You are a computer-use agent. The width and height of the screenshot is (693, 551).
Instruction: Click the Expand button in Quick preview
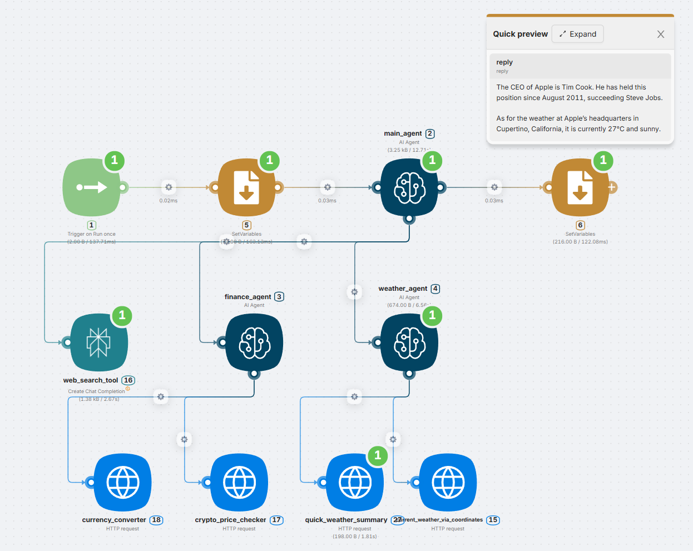point(577,34)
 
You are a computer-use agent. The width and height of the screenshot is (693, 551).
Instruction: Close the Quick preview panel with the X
point(661,34)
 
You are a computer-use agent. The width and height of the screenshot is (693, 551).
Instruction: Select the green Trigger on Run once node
point(92,187)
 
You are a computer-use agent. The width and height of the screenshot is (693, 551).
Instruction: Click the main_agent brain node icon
point(409,187)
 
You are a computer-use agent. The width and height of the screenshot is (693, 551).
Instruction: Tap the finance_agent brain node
point(254,342)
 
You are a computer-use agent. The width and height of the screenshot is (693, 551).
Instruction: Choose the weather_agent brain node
point(409,342)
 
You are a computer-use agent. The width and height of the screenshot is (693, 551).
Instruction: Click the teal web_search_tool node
point(99,342)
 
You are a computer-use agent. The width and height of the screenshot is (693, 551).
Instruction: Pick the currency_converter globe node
point(123,482)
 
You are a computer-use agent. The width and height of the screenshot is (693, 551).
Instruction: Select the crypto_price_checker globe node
point(239,482)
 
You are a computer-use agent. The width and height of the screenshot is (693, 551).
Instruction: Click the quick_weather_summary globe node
point(355,482)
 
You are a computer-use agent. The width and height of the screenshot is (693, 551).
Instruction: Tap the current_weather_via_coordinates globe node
point(448,482)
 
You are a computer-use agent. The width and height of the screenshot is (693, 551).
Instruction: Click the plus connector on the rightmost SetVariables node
point(612,187)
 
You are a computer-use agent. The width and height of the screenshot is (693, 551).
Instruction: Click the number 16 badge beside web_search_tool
point(128,380)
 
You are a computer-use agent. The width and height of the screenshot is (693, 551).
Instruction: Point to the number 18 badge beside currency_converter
point(156,520)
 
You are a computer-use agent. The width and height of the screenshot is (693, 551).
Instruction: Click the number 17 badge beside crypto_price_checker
point(276,520)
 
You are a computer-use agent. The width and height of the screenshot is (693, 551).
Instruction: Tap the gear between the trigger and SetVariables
point(169,187)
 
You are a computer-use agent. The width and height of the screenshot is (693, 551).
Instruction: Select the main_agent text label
point(403,133)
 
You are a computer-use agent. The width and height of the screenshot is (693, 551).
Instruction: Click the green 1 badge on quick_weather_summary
point(378,455)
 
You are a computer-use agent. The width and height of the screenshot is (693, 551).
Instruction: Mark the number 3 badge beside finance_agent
point(279,297)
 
